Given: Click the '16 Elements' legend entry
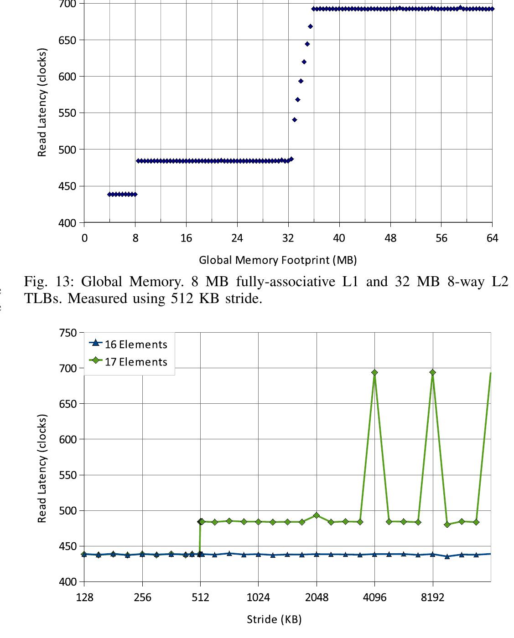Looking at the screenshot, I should [x=136, y=345].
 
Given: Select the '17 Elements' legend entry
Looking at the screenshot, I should [x=136, y=362].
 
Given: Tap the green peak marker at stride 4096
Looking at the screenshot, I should [x=374, y=372].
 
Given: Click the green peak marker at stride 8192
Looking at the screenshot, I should [x=432, y=372].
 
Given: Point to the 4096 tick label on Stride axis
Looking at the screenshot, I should [x=374, y=597].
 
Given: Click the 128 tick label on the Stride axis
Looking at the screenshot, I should [x=84, y=597].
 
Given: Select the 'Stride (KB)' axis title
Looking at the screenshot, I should [x=274, y=619].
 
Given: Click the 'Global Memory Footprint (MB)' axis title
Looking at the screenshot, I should [x=278, y=260].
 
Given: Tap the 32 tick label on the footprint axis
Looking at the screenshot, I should [x=288, y=238].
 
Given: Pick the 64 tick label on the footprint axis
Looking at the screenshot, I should [x=492, y=238].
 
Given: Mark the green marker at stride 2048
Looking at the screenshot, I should [x=317, y=515].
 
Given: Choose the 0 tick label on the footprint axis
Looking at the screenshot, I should [x=84, y=238].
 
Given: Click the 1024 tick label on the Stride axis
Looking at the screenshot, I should [x=259, y=597].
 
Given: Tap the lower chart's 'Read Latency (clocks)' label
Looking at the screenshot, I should [x=42, y=468].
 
